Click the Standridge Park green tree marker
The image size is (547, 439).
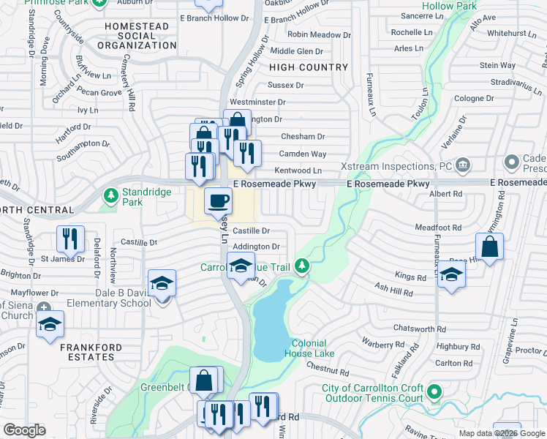tap(110, 195)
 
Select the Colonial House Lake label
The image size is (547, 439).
tap(313, 348)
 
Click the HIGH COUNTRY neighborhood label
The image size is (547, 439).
tap(309, 67)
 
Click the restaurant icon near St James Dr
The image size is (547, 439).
tap(70, 237)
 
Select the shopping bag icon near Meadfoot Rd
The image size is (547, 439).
tap(490, 246)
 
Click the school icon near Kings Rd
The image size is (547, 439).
tap(452, 276)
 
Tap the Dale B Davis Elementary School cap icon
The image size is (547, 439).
tap(162, 283)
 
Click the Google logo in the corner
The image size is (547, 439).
tap(24, 430)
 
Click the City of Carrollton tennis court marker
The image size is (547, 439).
tap(434, 393)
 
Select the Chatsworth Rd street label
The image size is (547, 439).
tap(419, 329)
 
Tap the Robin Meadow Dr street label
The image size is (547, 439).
tap(314, 34)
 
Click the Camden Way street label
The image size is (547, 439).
tap(303, 154)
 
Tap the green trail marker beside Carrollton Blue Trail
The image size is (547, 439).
tap(301, 267)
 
